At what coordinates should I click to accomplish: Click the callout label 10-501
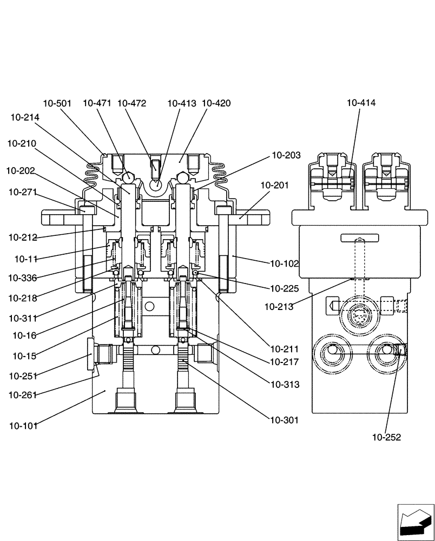click(57, 103)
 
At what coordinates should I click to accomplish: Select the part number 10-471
click(98, 103)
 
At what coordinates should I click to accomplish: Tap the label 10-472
click(131, 103)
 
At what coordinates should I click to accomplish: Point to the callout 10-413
click(182, 103)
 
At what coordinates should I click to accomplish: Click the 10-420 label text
click(216, 103)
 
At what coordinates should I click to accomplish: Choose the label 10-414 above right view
click(361, 103)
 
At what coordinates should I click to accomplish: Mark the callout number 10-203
click(286, 156)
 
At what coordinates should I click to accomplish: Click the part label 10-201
click(274, 186)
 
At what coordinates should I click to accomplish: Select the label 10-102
click(285, 264)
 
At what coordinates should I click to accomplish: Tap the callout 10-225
click(285, 289)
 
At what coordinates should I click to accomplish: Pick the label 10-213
click(279, 307)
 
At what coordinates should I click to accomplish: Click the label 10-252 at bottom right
click(386, 437)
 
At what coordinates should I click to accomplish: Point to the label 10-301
click(285, 420)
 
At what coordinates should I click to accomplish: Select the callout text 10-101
click(23, 426)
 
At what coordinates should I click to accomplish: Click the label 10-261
click(23, 395)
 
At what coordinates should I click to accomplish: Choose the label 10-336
click(23, 278)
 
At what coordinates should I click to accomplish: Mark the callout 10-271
click(23, 192)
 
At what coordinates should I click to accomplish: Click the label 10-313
click(285, 385)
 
